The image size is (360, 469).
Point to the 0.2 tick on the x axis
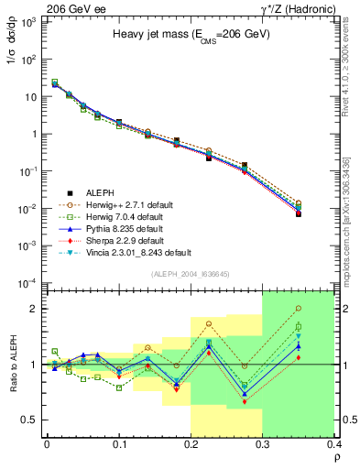click(x=191, y=447)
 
